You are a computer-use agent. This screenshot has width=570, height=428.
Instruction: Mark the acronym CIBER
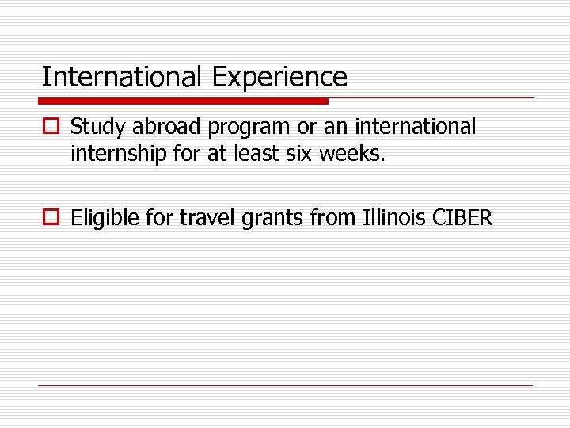pos(463,218)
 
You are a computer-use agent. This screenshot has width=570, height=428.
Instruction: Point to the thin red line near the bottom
pos(285,385)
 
